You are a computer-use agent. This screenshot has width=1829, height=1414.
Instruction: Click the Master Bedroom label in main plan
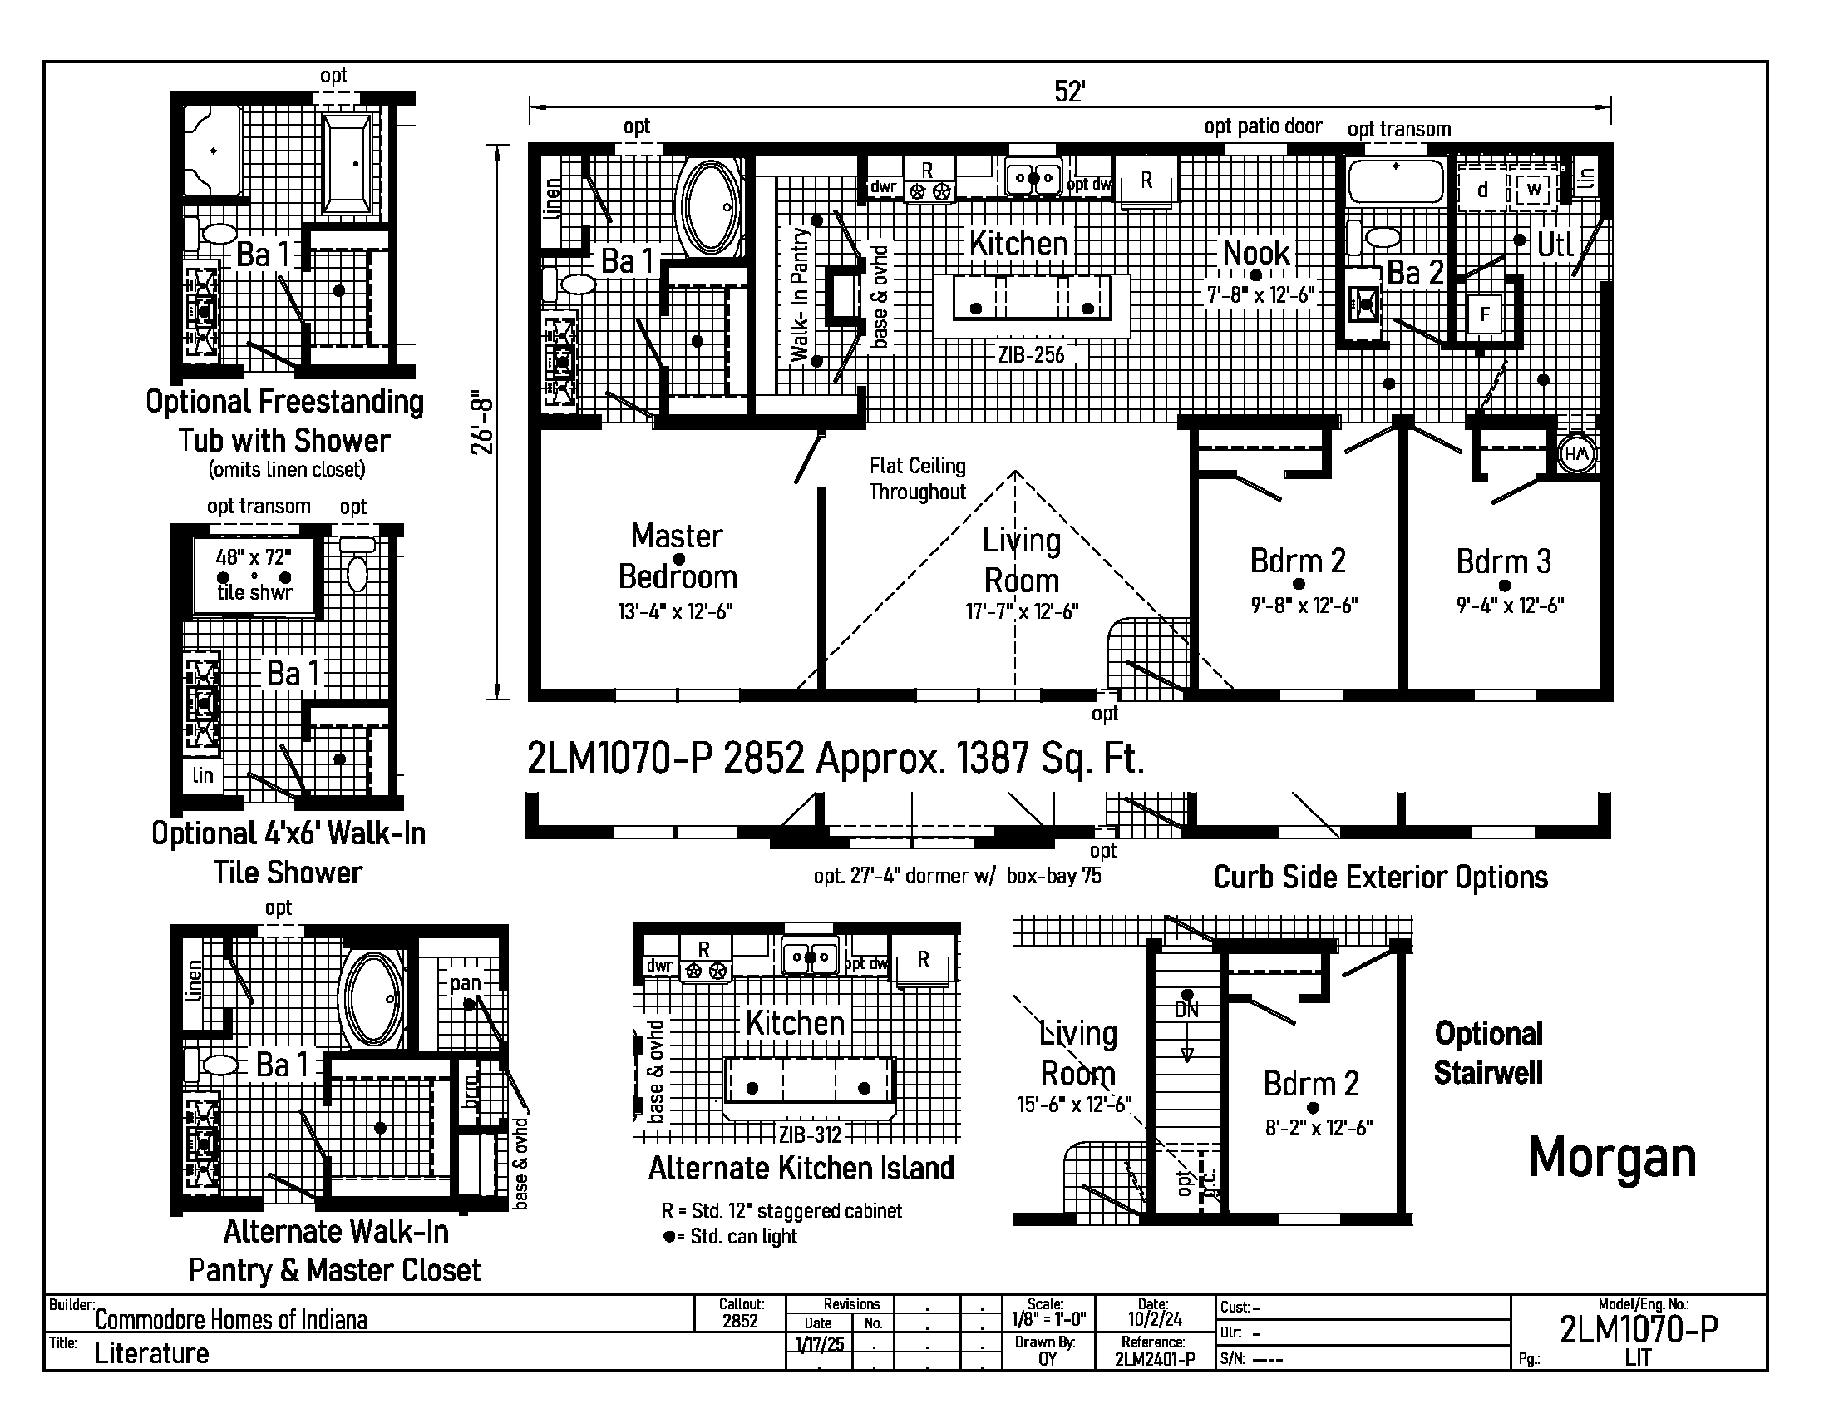678,556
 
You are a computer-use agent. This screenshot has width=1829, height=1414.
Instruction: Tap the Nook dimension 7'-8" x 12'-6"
1260,295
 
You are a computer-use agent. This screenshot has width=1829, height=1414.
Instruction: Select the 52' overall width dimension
1069,91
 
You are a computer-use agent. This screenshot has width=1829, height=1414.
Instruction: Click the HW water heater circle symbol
1576,454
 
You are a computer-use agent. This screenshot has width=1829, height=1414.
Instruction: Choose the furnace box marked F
1485,315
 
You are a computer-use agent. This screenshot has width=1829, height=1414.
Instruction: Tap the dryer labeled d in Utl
1482,190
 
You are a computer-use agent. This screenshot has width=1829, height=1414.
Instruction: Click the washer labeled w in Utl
1534,190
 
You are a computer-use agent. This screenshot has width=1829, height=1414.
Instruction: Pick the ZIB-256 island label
1031,354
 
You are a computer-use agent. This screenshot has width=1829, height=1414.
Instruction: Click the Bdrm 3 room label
1503,561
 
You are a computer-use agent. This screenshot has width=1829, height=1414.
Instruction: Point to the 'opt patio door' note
1263,126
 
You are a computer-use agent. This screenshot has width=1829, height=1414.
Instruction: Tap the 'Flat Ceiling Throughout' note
918,478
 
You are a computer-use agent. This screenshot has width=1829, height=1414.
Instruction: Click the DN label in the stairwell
1186,1010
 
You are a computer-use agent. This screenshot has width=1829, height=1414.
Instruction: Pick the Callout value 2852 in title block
740,1321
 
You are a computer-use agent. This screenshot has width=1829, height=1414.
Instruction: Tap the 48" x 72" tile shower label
254,557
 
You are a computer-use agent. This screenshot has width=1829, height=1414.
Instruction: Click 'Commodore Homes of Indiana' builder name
231,1320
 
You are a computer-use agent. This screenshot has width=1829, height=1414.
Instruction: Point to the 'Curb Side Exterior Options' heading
1381,877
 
